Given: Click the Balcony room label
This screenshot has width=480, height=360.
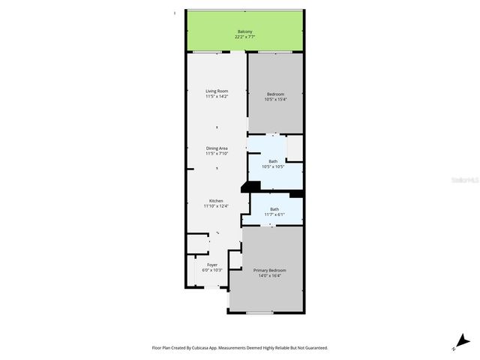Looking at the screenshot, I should tap(244, 31).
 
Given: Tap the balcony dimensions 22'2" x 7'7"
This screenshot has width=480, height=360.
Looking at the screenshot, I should tap(244, 37).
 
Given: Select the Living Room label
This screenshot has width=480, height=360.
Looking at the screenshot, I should tap(217, 91).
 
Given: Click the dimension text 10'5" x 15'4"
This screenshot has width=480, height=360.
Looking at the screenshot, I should tap(275, 99).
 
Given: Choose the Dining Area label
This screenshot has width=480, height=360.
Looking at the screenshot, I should tap(217, 148).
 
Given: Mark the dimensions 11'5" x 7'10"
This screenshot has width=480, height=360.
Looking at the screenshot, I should tap(217, 154).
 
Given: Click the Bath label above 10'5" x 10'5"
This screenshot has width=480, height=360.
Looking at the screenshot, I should tap(273, 160).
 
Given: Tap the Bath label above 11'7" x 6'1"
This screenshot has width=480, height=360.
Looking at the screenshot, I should tap(274, 209).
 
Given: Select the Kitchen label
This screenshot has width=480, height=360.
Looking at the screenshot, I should tap(216, 200).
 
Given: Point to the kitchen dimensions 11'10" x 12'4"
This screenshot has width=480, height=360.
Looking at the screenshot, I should tap(216, 206).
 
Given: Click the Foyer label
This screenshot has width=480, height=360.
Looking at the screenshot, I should tap(212, 264).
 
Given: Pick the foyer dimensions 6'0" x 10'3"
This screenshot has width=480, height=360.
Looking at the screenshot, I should tap(212, 270).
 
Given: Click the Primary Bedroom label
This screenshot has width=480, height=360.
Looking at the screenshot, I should tap(269, 270).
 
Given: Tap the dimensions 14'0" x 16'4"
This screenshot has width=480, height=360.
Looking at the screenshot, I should tap(269, 276).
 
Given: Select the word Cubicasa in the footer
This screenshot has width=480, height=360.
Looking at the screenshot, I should tap(198, 348).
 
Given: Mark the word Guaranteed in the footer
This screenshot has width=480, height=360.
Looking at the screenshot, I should tap(313, 348).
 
